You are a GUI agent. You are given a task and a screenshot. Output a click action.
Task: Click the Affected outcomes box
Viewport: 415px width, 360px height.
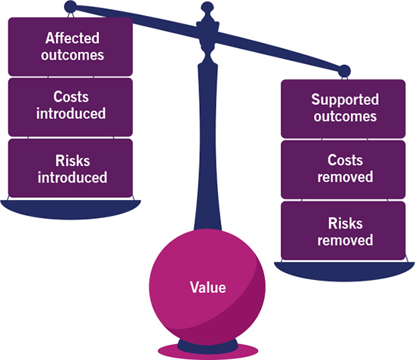tap(70, 47)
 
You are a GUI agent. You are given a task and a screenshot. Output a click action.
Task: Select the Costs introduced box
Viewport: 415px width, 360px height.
tap(70, 107)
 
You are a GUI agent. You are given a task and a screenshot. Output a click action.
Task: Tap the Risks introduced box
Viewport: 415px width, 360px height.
tap(70, 168)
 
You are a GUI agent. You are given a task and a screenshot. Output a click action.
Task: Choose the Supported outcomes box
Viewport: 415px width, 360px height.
tap(343, 109)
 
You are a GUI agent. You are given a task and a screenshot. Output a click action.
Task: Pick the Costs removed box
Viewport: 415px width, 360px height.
tap(343, 170)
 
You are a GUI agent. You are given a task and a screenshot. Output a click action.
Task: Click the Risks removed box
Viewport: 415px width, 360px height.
tap(343, 230)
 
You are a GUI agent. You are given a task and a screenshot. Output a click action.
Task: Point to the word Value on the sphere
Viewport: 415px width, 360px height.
tap(207, 288)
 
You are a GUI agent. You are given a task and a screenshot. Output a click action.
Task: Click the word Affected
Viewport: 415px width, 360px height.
tap(72, 38)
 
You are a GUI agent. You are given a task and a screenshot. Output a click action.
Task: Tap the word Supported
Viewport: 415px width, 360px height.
tap(345, 100)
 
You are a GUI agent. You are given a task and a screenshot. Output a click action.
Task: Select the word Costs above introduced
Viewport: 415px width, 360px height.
tap(71, 97)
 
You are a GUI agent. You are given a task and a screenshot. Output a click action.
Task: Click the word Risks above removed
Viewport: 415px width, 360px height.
tap(346, 223)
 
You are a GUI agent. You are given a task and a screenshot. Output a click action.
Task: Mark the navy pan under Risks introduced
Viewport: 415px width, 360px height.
tap(70, 210)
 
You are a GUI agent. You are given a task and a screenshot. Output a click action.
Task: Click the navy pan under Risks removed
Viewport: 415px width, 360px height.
tap(344, 272)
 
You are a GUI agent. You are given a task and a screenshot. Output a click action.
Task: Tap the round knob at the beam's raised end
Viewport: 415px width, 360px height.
tap(71, 7)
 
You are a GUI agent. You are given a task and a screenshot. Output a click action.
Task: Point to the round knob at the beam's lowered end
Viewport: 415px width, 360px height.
tap(344, 71)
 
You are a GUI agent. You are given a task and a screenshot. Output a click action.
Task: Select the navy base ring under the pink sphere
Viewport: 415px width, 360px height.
tap(207, 346)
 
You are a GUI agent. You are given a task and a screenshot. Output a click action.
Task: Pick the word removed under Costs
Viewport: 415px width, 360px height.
tap(346, 177)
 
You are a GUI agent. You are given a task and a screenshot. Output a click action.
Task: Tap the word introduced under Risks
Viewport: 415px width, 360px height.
tap(72, 177)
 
